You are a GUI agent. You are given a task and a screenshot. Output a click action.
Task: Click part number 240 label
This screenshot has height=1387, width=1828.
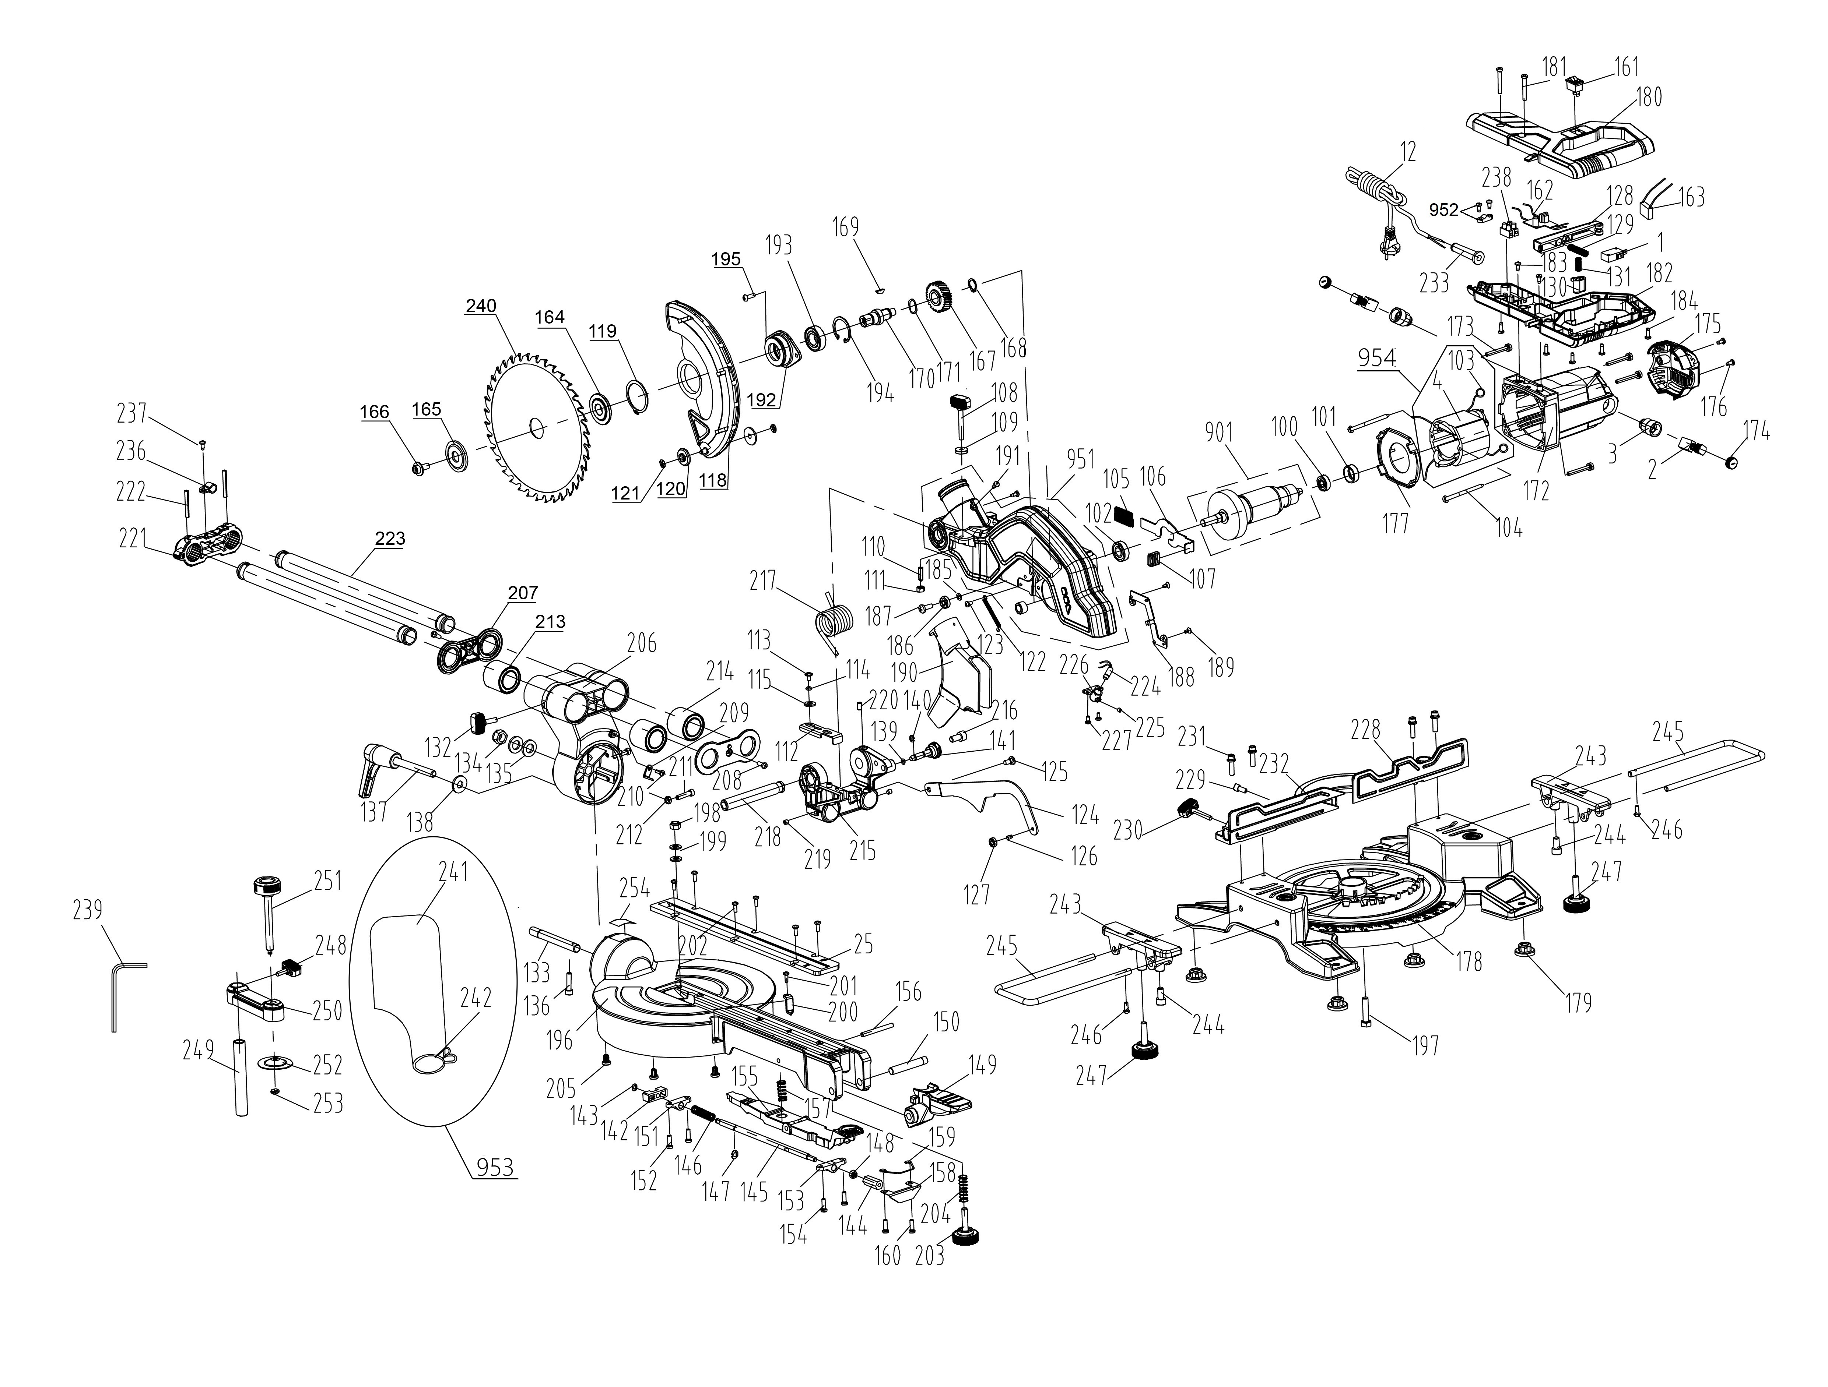tap(481, 306)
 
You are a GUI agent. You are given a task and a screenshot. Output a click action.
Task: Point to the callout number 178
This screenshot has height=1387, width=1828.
tap(1469, 961)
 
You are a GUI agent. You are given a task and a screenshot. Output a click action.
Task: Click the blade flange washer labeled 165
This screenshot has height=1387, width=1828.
tap(455, 457)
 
